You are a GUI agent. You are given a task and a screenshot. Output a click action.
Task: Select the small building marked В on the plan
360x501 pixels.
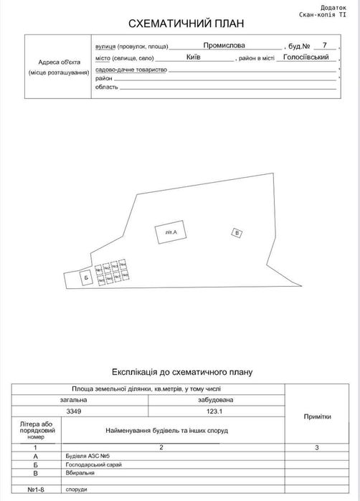(x=239, y=232)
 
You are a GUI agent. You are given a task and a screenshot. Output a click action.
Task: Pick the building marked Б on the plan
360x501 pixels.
(x=85, y=277)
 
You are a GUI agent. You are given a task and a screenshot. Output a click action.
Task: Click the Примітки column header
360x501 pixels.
(x=317, y=415)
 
